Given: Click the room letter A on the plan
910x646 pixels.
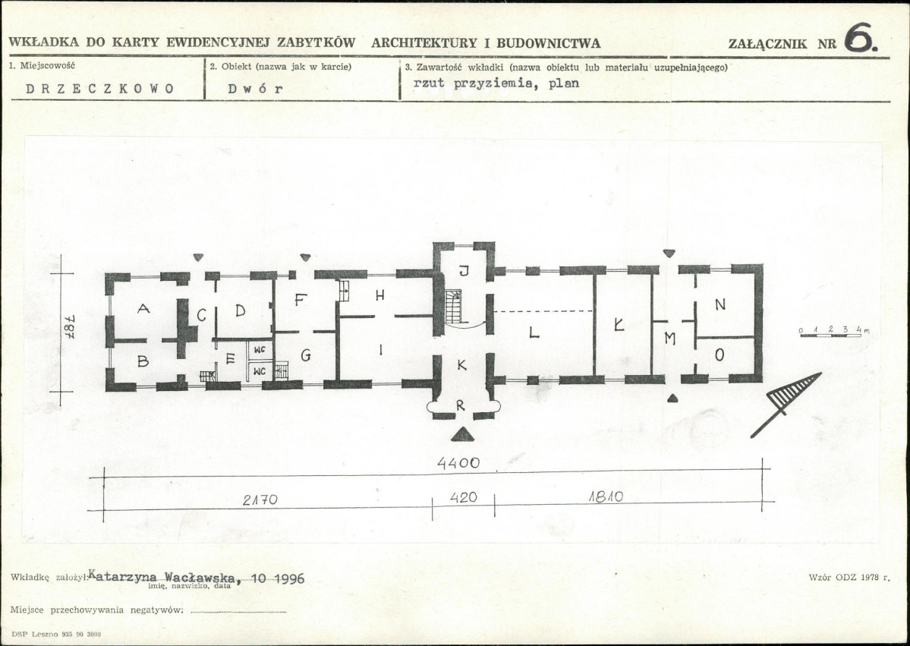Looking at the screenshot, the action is click(143, 309).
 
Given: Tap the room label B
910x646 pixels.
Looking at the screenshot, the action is click(143, 361).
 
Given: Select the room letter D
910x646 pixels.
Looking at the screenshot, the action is click(241, 310).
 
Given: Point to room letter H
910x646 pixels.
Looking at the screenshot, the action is click(379, 295).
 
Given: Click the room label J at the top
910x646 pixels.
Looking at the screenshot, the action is click(464, 270).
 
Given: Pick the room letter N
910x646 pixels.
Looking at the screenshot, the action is click(720, 304).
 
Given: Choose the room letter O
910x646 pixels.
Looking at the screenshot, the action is click(719, 355).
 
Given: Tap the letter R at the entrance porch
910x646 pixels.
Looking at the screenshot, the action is click(460, 405).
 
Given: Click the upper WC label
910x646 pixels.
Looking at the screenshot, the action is click(260, 349).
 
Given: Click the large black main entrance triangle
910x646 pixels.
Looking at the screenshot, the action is click(462, 434).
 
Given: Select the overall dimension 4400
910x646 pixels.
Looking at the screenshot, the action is click(458, 462).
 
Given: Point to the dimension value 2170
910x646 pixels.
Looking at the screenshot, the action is click(260, 499).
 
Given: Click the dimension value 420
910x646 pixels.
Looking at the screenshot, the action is click(464, 497).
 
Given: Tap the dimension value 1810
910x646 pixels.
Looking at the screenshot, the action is click(606, 496).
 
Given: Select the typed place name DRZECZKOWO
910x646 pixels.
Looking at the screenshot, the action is click(100, 89).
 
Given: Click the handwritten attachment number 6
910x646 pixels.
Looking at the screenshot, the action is click(861, 38).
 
